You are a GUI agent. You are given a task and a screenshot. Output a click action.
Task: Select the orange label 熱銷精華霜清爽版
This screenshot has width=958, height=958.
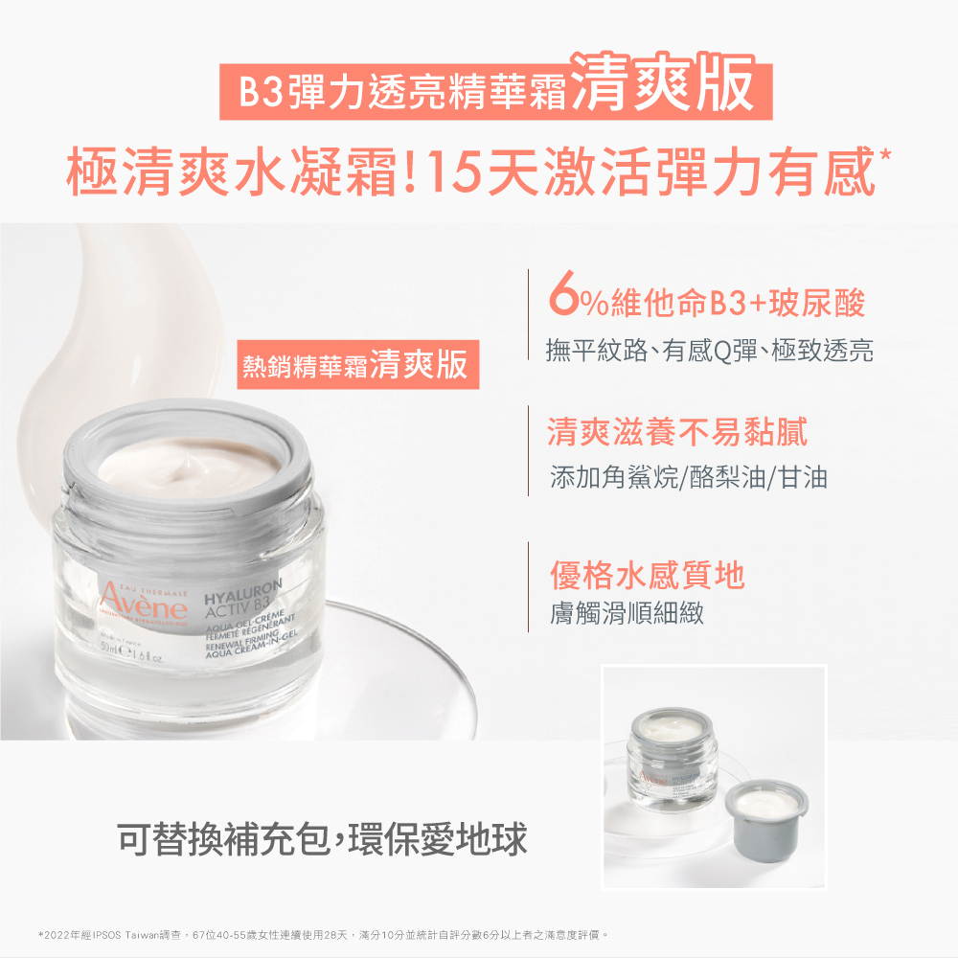[x=358, y=365]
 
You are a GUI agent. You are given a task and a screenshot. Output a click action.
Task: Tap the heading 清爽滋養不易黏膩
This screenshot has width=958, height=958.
[x=677, y=432]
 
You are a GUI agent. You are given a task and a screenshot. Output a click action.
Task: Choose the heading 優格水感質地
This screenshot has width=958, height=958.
[x=647, y=575]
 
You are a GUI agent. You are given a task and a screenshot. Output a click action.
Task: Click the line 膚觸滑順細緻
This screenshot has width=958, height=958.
[x=627, y=613]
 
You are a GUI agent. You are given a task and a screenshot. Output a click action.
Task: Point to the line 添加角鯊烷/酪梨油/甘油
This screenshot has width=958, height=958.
[x=688, y=476]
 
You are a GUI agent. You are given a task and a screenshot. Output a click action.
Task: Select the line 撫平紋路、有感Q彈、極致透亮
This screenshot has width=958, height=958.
[x=709, y=350]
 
